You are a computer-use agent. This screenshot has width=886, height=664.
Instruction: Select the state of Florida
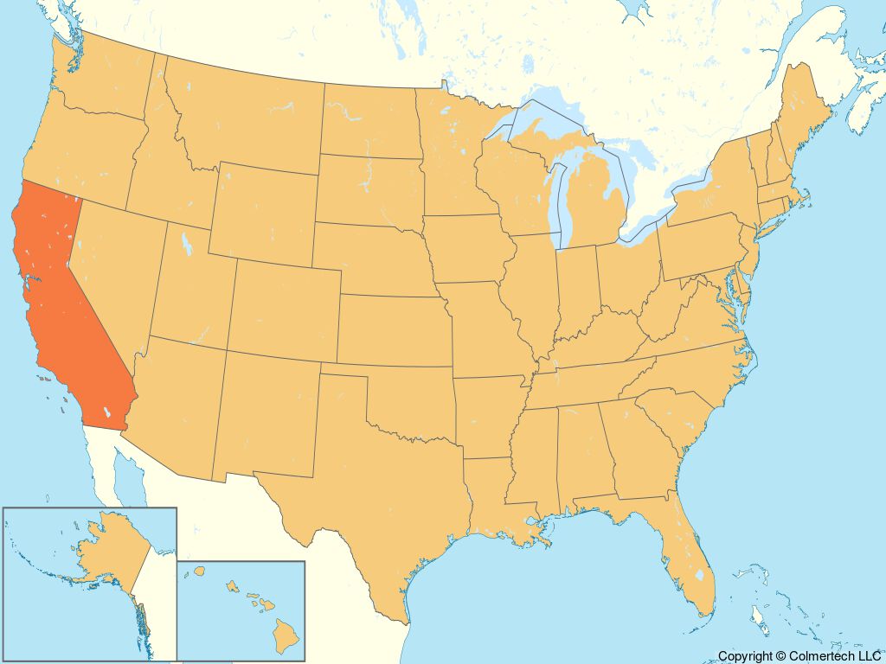pyautogui.click(x=684, y=553)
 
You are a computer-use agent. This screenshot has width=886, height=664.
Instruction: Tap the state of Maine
pyautogui.click(x=805, y=121)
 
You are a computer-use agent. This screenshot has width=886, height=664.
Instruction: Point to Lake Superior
pyautogui.click(x=536, y=121)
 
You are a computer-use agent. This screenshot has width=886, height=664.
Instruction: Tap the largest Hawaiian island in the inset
pyautogui.click(x=285, y=635)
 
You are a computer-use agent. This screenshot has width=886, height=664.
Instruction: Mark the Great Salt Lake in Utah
pyautogui.click(x=184, y=241)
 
